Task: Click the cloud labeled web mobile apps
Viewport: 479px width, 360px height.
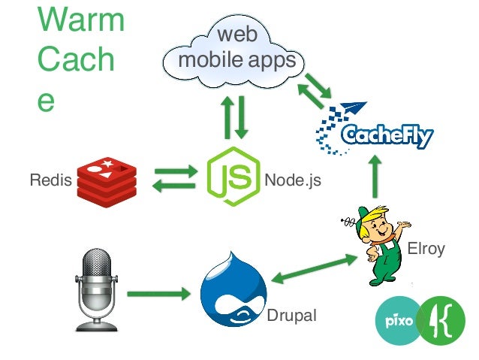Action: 233,49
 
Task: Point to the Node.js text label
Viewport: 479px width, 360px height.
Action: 292,181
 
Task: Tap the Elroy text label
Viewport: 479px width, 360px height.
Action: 426,249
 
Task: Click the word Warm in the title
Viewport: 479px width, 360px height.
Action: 80,20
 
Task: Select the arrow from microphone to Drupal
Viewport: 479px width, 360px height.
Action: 158,293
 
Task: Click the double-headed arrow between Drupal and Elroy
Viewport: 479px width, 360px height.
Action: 314,268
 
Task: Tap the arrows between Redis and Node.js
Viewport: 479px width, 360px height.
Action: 175,180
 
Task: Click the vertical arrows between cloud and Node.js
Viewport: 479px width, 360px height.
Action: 233,116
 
